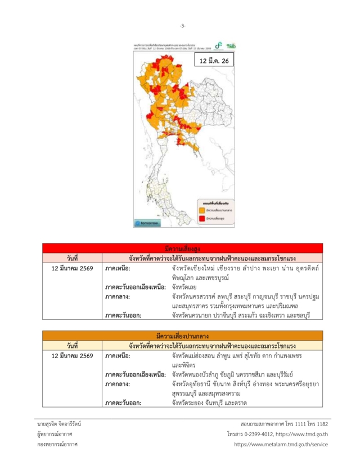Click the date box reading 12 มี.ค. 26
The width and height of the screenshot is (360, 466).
[213, 61]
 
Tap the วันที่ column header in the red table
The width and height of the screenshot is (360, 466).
[71, 257]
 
